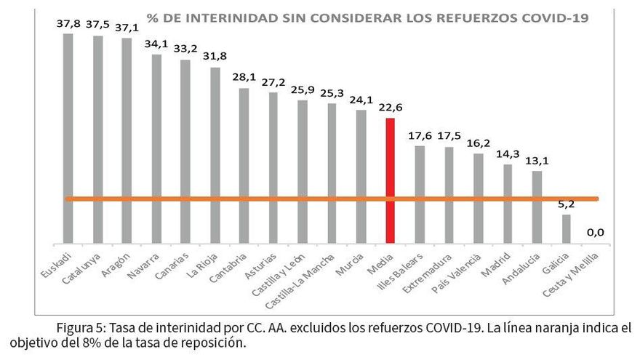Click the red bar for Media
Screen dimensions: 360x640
click(x=391, y=180)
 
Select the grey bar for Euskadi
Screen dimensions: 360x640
click(x=68, y=138)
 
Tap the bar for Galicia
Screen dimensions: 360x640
click(x=567, y=228)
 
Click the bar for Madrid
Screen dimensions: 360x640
click(x=508, y=203)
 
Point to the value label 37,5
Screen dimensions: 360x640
click(x=98, y=23)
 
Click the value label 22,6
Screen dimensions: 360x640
click(x=391, y=107)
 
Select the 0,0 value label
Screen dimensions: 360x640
click(x=596, y=233)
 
